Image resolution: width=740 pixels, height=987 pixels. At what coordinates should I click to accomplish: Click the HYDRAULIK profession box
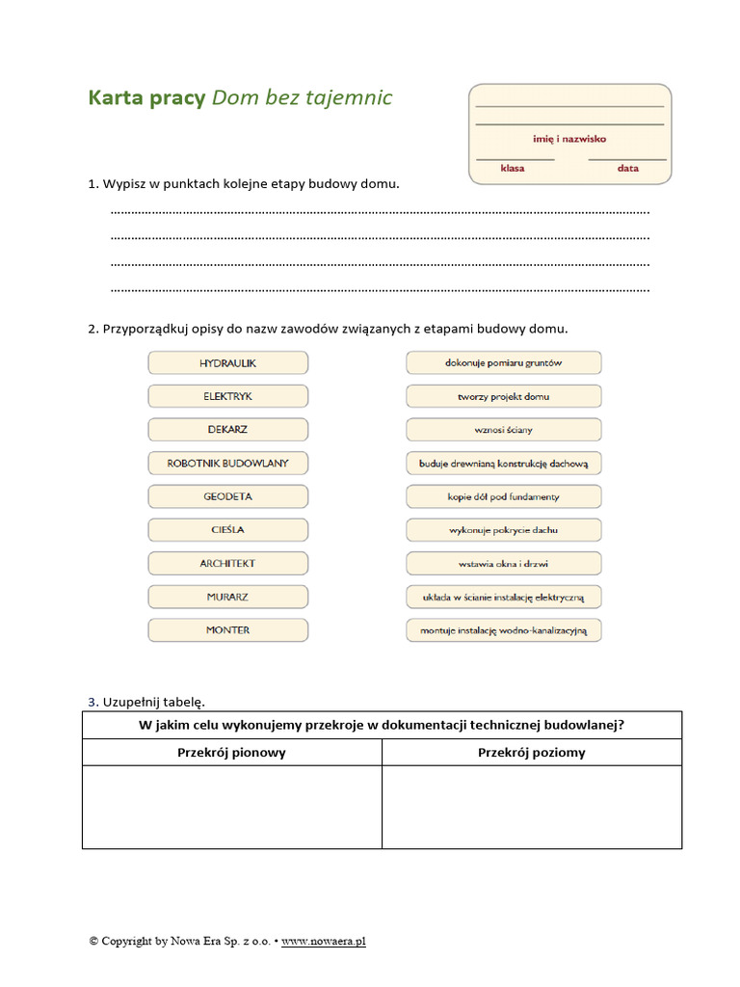228,363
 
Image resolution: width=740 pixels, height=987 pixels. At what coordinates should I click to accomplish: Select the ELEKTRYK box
228,396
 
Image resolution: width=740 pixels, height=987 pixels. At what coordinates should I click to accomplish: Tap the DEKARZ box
228,430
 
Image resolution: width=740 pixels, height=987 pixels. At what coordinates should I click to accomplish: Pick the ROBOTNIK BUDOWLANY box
228,464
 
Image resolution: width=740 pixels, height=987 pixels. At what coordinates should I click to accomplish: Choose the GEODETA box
228,496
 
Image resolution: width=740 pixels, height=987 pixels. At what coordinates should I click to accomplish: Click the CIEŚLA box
228,530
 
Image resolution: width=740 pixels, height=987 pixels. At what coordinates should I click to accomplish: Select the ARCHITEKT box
228,563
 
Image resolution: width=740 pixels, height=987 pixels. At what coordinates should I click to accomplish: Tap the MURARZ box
228,597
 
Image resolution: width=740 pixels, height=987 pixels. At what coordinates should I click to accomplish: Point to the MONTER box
228,630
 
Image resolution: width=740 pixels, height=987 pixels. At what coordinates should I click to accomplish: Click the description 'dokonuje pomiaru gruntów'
503,363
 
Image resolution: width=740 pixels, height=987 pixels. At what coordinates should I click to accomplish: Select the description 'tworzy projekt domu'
503,396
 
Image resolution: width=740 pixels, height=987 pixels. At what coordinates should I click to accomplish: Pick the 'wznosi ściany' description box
503,430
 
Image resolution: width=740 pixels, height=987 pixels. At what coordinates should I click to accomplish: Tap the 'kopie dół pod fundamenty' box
503,497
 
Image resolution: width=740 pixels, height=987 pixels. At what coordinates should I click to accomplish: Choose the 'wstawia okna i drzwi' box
503,564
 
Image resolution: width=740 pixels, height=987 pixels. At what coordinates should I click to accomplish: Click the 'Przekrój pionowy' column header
231,753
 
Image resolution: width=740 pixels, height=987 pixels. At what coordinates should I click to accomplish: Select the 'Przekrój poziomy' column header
531,753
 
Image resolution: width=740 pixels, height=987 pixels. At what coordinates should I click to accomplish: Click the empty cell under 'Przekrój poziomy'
531,807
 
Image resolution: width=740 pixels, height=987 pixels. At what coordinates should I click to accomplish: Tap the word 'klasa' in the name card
513,168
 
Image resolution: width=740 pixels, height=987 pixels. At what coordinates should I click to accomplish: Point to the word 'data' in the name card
628,168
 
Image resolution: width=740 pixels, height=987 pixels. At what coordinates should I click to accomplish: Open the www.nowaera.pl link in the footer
323,941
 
